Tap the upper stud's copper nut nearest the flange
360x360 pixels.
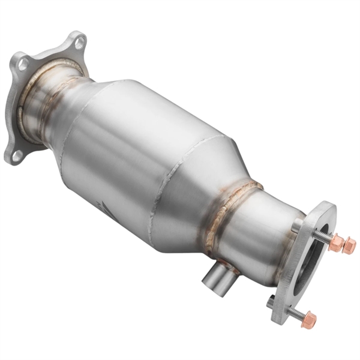tap(337, 241)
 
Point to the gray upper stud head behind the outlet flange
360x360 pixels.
tap(298, 226)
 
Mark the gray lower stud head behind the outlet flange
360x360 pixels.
tap(271, 301)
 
